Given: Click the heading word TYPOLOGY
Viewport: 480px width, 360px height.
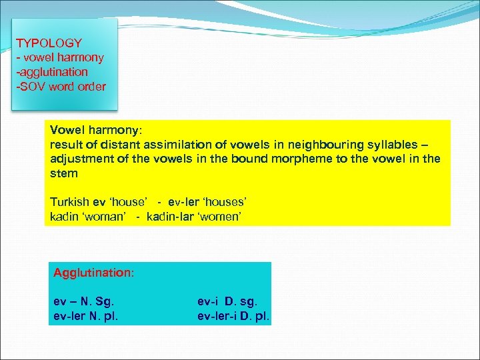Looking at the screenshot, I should coord(49,43).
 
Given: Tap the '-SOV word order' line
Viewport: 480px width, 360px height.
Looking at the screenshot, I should coord(61,86).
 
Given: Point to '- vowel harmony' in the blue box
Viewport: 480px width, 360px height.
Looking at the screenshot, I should coord(59,57).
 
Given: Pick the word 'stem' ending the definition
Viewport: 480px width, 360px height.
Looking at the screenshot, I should coord(64,173).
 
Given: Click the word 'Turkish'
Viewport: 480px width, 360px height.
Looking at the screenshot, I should coord(69,202).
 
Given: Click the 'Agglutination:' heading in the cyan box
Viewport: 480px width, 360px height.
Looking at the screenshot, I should coord(94,273).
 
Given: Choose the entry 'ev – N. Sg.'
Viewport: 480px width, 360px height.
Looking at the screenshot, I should coord(82,301).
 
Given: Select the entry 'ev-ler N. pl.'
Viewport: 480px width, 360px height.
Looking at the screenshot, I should coord(86,316).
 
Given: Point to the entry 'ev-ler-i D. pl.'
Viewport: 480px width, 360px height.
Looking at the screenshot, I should coord(233,316).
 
